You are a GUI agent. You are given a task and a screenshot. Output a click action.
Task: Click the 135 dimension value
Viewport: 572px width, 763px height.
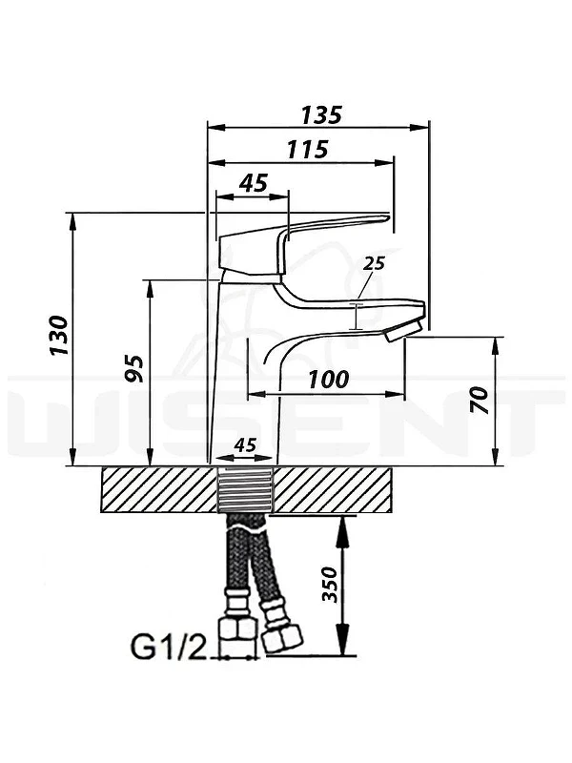(321, 114)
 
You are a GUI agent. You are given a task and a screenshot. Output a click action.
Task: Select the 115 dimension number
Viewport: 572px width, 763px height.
(307, 150)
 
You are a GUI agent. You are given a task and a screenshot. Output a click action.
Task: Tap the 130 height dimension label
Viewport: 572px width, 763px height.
(60, 336)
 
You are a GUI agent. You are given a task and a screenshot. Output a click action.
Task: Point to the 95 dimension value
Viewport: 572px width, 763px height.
(133, 369)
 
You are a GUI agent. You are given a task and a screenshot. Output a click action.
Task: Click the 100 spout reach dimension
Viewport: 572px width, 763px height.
(329, 379)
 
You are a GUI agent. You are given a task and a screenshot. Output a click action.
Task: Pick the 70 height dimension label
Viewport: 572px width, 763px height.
(480, 400)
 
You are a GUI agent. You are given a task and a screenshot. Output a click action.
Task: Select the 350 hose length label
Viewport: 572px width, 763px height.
(330, 585)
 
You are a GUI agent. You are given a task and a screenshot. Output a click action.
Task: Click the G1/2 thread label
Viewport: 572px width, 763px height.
(169, 648)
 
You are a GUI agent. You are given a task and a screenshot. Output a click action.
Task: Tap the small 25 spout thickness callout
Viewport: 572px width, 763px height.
(374, 263)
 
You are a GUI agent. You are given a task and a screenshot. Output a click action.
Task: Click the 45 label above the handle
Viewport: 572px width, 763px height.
(254, 183)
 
